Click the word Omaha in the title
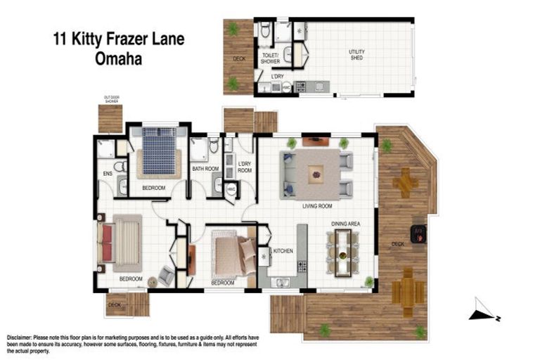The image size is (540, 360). (117, 60)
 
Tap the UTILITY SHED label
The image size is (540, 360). (358, 55)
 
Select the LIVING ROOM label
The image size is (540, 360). (317, 206)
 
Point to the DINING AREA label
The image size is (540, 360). (346, 224)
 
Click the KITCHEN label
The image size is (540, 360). (283, 250)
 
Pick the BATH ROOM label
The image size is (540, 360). (206, 169)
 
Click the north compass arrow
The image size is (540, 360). (484, 310)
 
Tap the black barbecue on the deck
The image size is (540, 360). (417, 233)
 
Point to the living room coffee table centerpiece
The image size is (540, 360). (316, 174)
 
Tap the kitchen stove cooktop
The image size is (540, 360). (302, 266)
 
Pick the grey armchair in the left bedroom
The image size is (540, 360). (166, 275)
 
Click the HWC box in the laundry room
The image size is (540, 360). (231, 189)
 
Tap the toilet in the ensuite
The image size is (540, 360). (120, 167)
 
